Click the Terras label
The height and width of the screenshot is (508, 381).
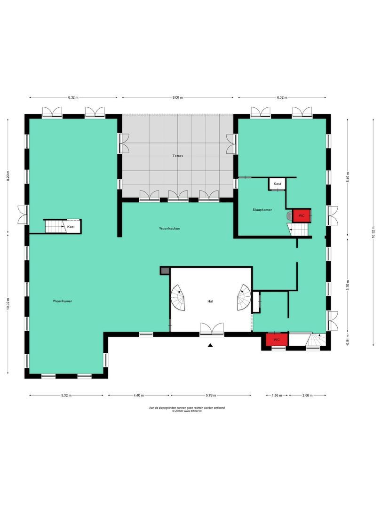177,155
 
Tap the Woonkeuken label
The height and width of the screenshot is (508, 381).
170,229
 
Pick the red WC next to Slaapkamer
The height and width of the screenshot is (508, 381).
301,215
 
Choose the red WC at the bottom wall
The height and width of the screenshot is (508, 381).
276,340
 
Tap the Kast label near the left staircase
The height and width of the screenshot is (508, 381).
71,227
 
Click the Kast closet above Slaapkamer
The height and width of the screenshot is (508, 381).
278,183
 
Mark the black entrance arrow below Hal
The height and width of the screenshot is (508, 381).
211,346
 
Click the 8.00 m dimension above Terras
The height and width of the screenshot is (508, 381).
177,97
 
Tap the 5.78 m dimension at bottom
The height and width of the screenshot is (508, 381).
211,396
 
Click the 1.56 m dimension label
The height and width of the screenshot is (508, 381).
277,396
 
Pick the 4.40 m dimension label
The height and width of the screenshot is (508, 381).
138,396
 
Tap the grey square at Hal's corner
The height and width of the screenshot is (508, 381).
165,271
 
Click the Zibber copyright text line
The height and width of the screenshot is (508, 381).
186,411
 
